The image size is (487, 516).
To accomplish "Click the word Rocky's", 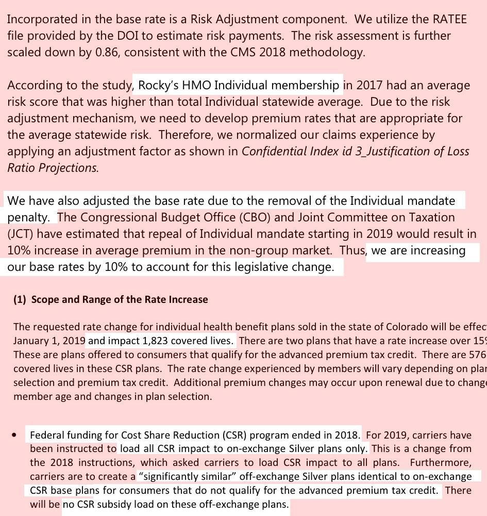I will point(158,85).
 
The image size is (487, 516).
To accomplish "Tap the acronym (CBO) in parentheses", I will point(260,218).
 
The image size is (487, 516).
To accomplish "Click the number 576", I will point(478,355).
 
